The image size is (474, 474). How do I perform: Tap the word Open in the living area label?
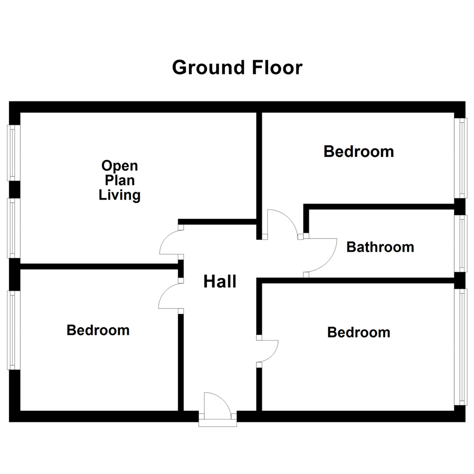[x=119, y=166]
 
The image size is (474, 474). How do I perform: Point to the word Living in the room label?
[x=119, y=195]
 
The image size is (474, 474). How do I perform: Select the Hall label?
[x=220, y=282]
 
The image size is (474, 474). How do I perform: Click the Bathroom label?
[x=380, y=247]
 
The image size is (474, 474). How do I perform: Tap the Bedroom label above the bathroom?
[x=359, y=151]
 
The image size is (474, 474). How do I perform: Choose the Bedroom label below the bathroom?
[x=359, y=332]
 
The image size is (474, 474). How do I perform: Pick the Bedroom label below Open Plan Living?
[x=98, y=330]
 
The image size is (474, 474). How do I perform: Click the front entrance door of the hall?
[x=218, y=406]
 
